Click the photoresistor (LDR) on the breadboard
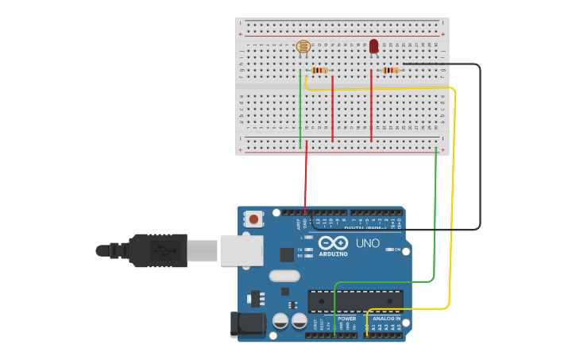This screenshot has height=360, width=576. (x=303, y=47)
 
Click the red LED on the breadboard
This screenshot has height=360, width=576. (x=373, y=47)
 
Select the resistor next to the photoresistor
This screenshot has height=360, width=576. (x=319, y=70)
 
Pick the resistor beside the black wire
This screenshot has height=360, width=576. (x=389, y=70)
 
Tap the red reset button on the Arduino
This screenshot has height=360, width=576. (x=253, y=218)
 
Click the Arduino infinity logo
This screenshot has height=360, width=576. (x=333, y=243)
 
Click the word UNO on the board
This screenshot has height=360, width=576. (x=367, y=243)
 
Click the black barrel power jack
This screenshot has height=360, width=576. (x=246, y=323)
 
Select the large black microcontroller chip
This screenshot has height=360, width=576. (x=355, y=301)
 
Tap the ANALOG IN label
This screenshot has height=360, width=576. (x=387, y=319)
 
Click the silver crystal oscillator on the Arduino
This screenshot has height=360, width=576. (x=284, y=276)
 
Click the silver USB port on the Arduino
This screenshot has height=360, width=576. (x=242, y=250)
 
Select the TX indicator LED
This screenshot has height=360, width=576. (x=308, y=249)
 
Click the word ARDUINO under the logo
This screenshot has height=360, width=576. (x=333, y=254)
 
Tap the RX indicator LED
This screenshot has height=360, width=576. (x=308, y=256)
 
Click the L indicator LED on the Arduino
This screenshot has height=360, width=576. (x=308, y=238)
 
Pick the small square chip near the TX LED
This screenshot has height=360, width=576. (x=287, y=254)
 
